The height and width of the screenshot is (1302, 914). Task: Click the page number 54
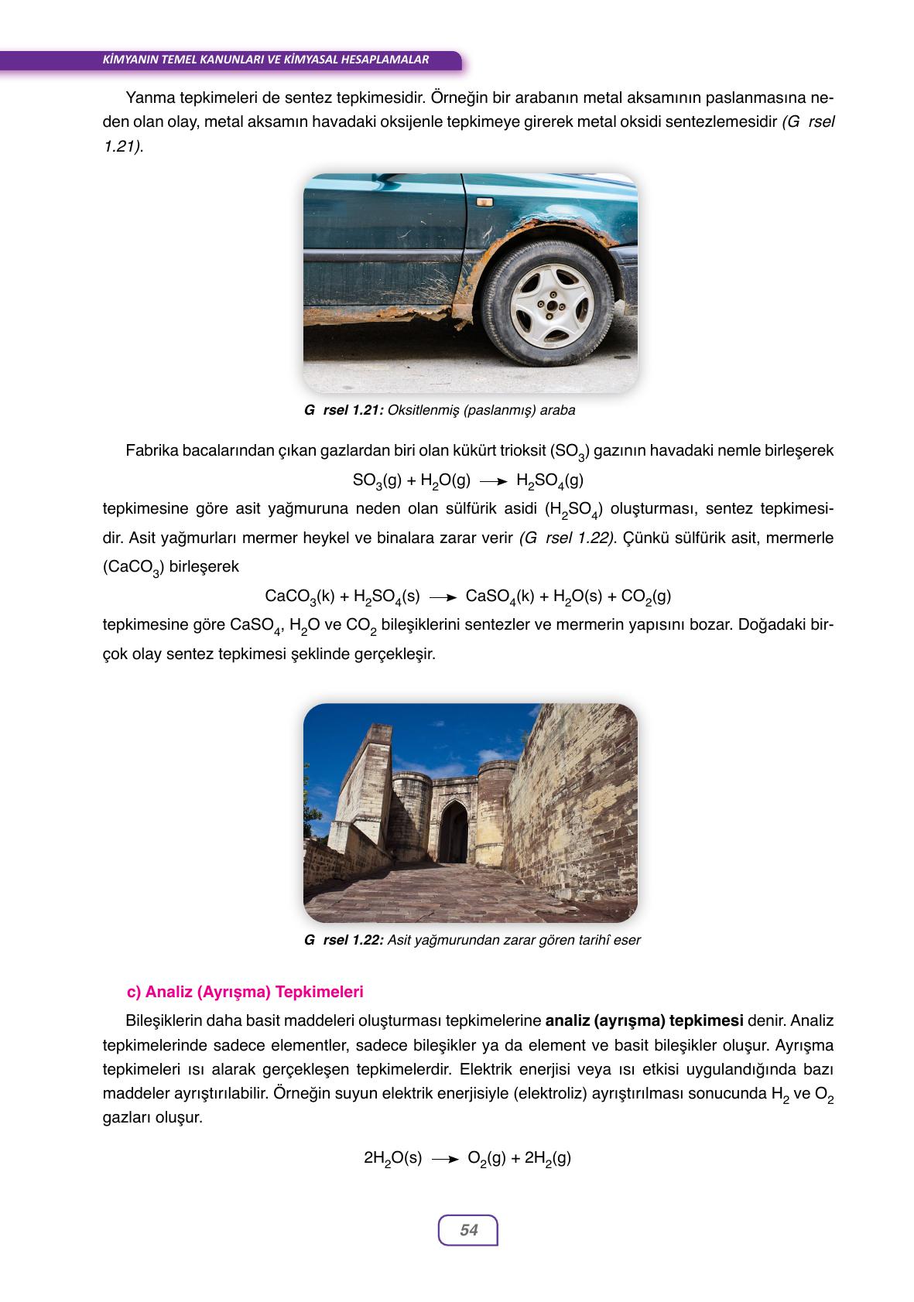point(468,1229)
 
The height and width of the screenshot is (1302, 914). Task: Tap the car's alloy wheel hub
point(551,306)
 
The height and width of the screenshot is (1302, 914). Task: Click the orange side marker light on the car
point(485,202)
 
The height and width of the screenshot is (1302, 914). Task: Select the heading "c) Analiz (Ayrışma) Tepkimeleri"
point(245,991)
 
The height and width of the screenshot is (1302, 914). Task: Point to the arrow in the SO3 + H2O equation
point(493,481)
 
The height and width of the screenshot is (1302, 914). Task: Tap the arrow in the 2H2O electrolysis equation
point(445,1159)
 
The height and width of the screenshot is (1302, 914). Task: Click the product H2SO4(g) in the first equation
point(549,481)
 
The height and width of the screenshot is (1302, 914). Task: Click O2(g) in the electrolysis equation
point(487,1158)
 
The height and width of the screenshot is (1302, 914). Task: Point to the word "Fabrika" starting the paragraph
point(151,450)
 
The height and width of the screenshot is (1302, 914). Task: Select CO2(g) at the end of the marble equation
point(645,596)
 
